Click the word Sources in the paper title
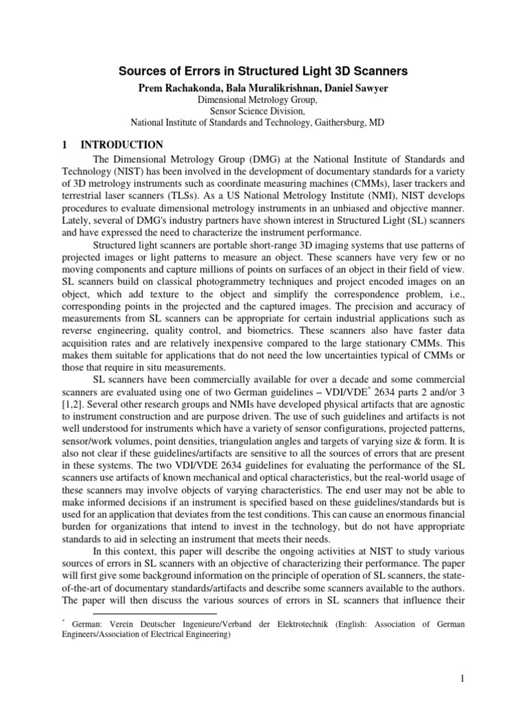pos(141,71)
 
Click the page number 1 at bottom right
pos(463,678)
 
